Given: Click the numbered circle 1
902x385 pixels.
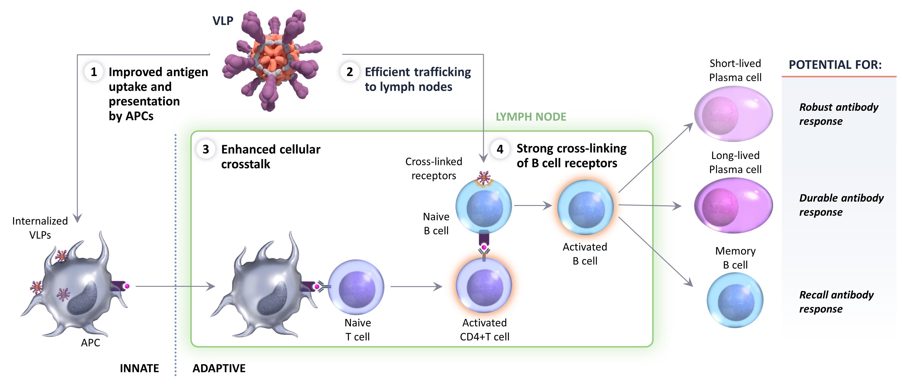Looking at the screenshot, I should pos(94,72).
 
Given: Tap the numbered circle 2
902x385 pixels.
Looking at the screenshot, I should pos(349,72).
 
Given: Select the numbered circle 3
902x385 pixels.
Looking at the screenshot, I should pos(206,150).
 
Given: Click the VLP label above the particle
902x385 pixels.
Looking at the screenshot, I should pos(223,21).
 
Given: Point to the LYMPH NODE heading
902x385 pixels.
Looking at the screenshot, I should pos(531,117).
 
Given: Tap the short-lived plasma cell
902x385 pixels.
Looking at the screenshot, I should pos(733,114).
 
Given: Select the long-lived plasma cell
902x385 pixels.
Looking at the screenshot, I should pos(733,206).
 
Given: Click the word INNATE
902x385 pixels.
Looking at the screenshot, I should pos(139,369).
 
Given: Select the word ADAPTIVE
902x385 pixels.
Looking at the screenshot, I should pos(219,369).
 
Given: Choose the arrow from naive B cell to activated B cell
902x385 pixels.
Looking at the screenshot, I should pos(533,206).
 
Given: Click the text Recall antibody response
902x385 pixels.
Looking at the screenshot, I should pos(836,302).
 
